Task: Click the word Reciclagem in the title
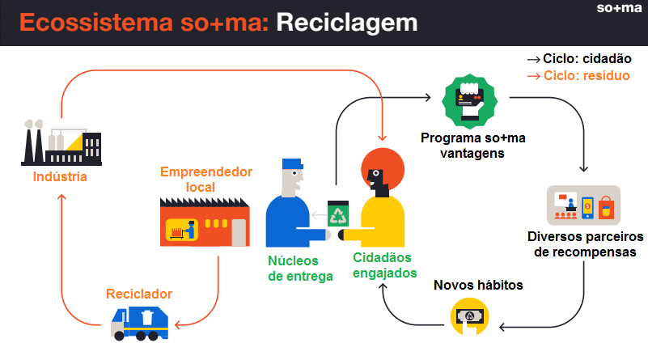click(x=347, y=23)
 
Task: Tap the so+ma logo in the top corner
click(x=619, y=8)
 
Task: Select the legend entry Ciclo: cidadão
click(x=579, y=59)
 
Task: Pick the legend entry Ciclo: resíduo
click(x=578, y=75)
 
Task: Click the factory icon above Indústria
click(x=61, y=142)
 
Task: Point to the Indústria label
click(x=60, y=177)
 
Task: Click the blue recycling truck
click(x=139, y=324)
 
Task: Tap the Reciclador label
click(x=139, y=294)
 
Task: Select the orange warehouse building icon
click(x=205, y=222)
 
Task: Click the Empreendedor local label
click(x=205, y=180)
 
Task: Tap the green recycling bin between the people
click(x=338, y=214)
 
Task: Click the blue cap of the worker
click(x=292, y=163)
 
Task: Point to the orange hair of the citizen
click(x=383, y=167)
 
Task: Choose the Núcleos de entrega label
click(x=300, y=269)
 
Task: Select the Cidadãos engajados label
click(x=384, y=265)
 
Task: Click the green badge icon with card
click(x=469, y=101)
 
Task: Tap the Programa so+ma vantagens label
click(x=472, y=146)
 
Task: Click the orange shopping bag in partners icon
click(x=606, y=208)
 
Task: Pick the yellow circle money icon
click(x=469, y=317)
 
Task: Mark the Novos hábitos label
click(x=478, y=286)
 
